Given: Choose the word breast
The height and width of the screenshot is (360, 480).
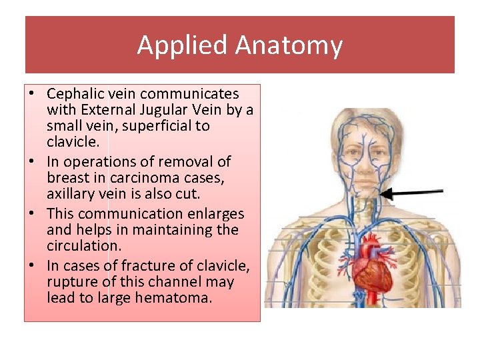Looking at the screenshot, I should coord(69,178).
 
